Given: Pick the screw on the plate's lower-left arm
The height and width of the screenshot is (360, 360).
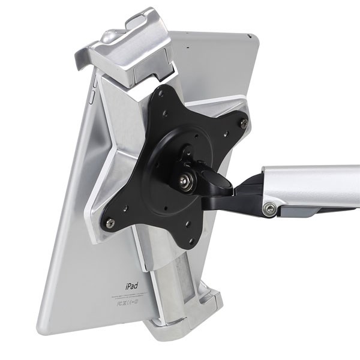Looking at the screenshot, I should [110, 223].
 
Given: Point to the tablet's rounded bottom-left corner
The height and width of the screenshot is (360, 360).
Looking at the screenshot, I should [43, 327].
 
